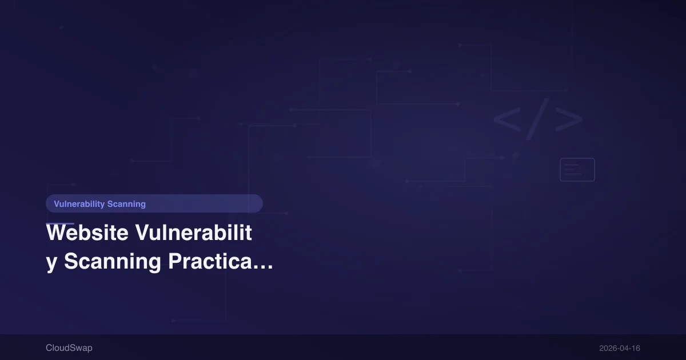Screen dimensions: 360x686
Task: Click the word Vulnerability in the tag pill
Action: pos(79,204)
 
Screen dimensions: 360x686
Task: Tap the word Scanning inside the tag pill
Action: pos(126,204)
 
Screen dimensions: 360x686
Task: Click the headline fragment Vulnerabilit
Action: pos(193,233)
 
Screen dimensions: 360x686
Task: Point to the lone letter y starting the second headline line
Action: pos(51,262)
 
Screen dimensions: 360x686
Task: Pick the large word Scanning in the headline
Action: pos(113,262)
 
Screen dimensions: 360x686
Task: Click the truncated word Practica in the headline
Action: pos(209,262)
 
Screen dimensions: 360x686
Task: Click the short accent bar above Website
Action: pos(60,223)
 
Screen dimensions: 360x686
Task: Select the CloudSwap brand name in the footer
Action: pos(69,348)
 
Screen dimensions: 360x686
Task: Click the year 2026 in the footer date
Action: pos(608,348)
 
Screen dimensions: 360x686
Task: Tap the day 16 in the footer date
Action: pos(636,348)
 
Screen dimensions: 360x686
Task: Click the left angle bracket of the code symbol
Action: pos(506,119)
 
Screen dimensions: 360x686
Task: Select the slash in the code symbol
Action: pos(537,119)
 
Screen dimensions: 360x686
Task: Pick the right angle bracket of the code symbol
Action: pos(569,119)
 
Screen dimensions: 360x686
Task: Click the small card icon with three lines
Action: pos(577,170)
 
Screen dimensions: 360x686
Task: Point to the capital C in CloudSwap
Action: pos(49,348)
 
